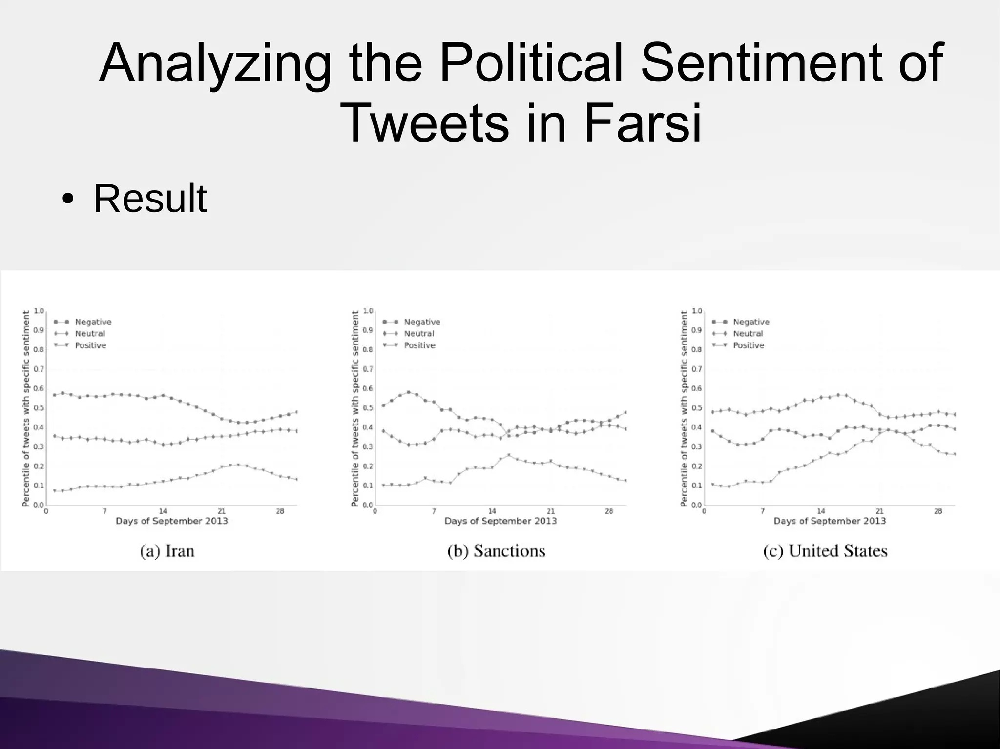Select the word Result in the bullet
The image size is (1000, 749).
coord(150,199)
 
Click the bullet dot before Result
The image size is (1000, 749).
coord(69,200)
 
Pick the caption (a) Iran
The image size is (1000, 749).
coord(167,551)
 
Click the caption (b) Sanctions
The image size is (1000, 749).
coord(496,551)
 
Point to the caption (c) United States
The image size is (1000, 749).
coord(825,551)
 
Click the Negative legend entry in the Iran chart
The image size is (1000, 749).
coord(93,322)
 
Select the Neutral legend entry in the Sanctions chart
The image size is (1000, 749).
coord(418,334)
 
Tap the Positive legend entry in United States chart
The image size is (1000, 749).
coord(748,345)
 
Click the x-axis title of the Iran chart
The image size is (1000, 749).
coord(171,521)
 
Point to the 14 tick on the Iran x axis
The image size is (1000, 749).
coord(163,511)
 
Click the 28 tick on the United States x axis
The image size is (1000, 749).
coord(938,511)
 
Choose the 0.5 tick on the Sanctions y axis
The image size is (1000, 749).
coord(368,408)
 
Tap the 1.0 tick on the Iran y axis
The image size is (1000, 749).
coord(39,311)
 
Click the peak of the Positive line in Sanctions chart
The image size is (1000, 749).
coord(509,455)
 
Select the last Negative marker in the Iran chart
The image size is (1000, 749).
coord(296,412)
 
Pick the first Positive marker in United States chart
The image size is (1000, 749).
coord(712,485)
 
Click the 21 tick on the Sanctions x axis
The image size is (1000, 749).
coord(550,511)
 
